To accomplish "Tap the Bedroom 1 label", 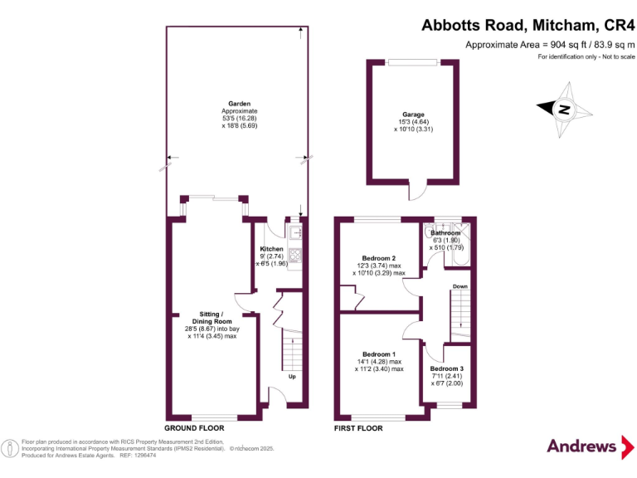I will pyautogui.click(x=381, y=354).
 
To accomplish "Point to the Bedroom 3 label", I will pyautogui.click(x=447, y=368).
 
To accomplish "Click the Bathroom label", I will pyautogui.click(x=446, y=233).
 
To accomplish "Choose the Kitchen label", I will pyautogui.click(x=271, y=249).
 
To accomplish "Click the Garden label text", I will pyautogui.click(x=240, y=104).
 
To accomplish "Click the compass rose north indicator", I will pyautogui.click(x=562, y=109).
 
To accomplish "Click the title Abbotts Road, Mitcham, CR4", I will pyautogui.click(x=525, y=25).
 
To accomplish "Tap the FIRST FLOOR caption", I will pyautogui.click(x=358, y=429).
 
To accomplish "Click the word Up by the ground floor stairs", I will pyautogui.click(x=292, y=377).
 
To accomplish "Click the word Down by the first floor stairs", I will pyautogui.click(x=460, y=287).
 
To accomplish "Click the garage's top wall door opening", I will pyautogui.click(x=412, y=61).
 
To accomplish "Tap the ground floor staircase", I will pyautogui.click(x=291, y=349).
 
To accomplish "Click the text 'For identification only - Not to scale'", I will pyautogui.click(x=586, y=56).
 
